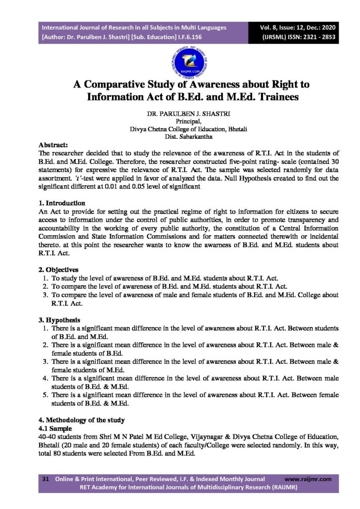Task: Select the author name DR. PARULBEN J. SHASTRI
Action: point(181,114)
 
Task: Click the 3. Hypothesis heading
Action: point(59,320)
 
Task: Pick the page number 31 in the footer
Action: point(45,479)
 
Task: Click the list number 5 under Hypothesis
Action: point(44,395)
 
